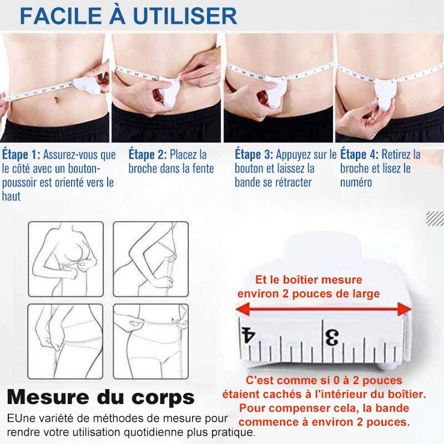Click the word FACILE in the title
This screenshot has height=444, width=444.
[61, 16]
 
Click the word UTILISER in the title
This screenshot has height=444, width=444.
[185, 16]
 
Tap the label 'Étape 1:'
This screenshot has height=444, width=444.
[22, 155]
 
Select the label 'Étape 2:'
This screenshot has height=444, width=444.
[148, 155]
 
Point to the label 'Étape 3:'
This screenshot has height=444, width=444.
[254, 155]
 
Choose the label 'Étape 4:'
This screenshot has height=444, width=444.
[359, 155]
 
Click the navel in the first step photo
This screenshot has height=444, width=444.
[57, 100]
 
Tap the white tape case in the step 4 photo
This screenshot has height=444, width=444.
[385, 94]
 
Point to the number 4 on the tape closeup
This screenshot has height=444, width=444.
[248, 335]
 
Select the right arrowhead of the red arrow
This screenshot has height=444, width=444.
[405, 309]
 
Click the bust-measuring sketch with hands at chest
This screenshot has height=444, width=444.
[65, 259]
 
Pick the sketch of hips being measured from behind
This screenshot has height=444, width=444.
[65, 341]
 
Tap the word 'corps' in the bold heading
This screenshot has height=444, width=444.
[163, 398]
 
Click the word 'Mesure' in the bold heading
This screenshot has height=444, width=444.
[48, 397]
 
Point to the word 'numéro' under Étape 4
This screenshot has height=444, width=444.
[356, 183]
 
